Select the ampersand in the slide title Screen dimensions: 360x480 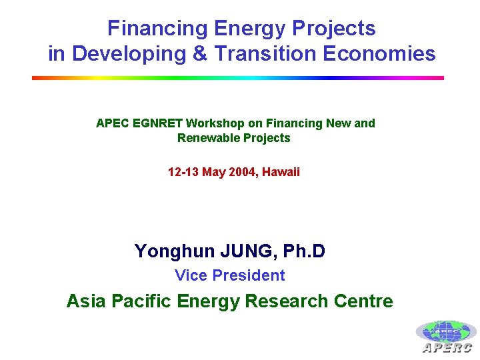coord(199,53)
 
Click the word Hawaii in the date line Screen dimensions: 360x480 coord(281,172)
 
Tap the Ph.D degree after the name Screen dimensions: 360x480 coord(304,251)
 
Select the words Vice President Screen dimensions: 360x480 coord(229,275)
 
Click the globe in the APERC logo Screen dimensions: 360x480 coord(446,332)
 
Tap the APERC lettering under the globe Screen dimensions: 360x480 coord(447,347)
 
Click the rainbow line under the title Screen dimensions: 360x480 coord(238,78)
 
